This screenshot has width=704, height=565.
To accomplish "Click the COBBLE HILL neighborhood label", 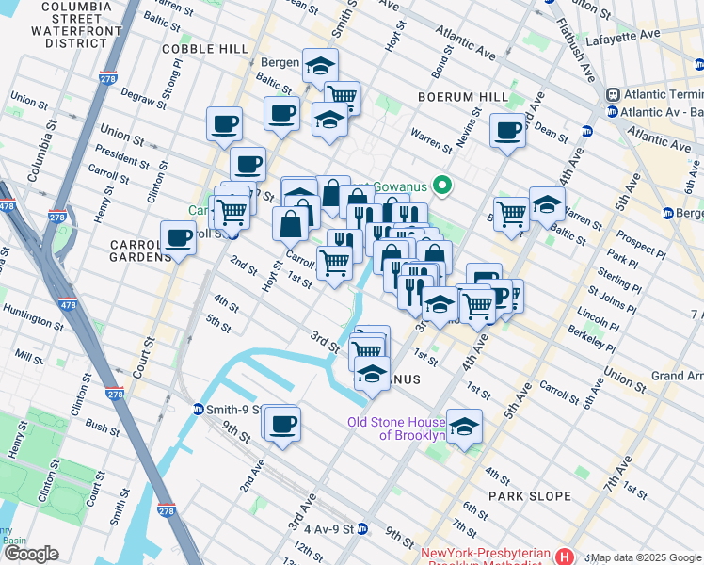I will [205, 48].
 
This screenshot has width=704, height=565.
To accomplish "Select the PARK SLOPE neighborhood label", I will [530, 495].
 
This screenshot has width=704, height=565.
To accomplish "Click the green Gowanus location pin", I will [440, 186].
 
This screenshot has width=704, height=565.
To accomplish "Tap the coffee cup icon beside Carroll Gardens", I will [178, 239].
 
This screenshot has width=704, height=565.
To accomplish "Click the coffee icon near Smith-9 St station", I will [280, 423].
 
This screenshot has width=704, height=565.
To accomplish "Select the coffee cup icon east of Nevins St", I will [507, 131].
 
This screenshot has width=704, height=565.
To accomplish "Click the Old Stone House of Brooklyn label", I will [395, 428].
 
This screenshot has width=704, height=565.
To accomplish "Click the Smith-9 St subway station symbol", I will [199, 410].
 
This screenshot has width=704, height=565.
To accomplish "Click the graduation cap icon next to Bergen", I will [321, 66].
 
